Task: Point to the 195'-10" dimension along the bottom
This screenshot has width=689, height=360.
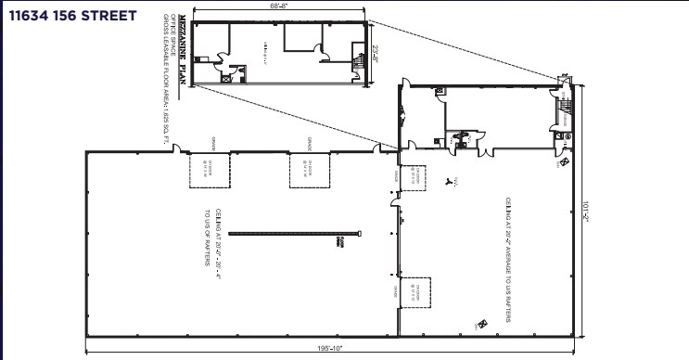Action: click(x=329, y=349)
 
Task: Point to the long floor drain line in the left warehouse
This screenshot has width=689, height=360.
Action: click(x=293, y=233)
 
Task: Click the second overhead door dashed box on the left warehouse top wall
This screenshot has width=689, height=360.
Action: click(x=308, y=171)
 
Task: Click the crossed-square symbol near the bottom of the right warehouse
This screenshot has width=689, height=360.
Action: click(x=480, y=324)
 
